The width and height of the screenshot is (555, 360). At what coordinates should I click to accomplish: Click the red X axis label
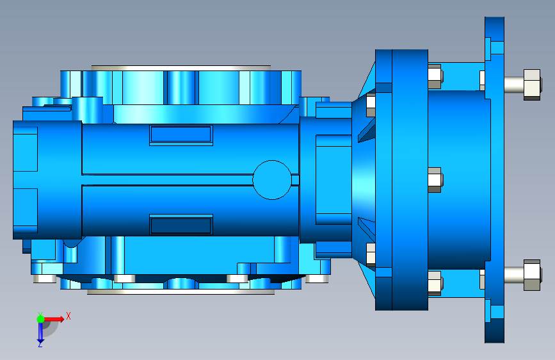tap(68, 316)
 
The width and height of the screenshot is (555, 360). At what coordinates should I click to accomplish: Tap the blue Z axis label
tap(40, 344)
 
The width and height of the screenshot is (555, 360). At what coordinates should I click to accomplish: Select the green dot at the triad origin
tap(40, 319)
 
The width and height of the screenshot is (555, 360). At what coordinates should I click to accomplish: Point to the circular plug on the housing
tap(272, 179)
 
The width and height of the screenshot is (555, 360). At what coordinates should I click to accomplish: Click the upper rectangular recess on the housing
tap(181, 135)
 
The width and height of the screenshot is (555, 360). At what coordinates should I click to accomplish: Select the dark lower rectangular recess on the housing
tap(181, 225)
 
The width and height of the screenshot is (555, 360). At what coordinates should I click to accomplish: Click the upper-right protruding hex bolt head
tap(532, 85)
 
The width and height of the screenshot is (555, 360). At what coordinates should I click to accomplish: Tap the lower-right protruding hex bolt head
tap(532, 275)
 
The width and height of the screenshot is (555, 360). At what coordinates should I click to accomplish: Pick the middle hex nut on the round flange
tap(435, 180)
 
